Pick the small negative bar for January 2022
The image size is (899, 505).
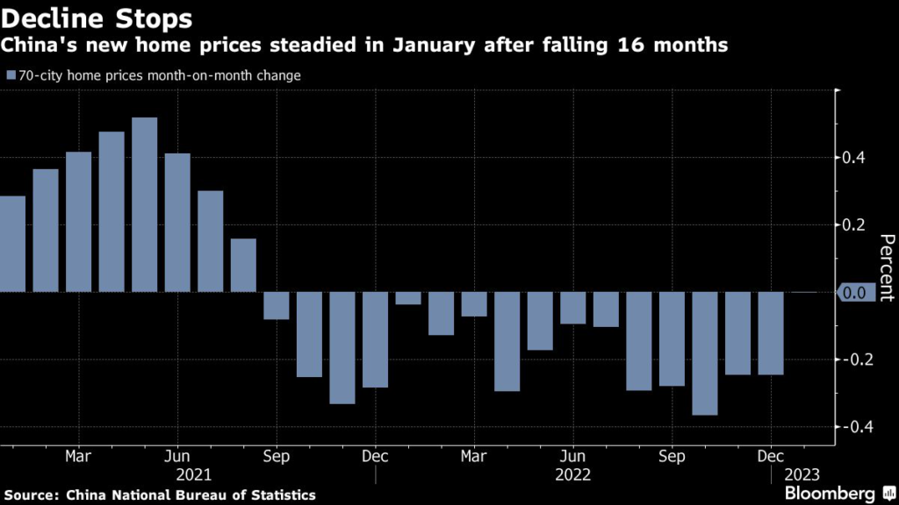tap(408, 298)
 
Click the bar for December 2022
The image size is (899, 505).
tap(771, 333)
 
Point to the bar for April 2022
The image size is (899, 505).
tap(507, 342)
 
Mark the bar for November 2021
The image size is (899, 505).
tap(342, 348)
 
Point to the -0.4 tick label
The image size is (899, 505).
tap(853, 427)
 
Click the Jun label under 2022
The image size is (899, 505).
tap(573, 457)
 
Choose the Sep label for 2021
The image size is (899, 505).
tap(277, 457)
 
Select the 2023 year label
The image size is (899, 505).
tap(802, 474)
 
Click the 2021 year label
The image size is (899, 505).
tap(194, 474)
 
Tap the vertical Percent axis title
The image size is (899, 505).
tap(887, 267)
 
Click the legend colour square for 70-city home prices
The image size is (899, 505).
tap(10, 76)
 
